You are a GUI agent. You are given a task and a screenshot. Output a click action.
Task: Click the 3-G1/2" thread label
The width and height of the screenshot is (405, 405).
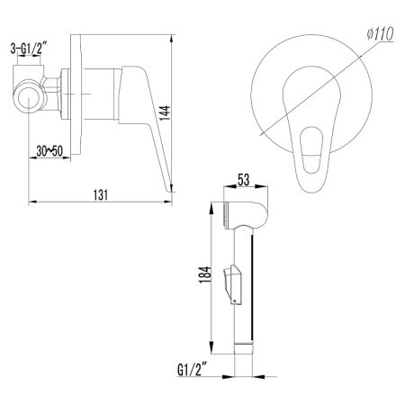tap(29, 49)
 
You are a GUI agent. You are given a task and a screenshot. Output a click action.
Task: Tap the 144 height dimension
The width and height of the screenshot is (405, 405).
tap(165, 113)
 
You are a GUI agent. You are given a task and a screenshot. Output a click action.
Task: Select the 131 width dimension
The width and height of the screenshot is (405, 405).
tap(101, 194)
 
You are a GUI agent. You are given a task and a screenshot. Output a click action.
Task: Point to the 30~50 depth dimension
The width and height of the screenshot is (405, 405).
tap(49, 151)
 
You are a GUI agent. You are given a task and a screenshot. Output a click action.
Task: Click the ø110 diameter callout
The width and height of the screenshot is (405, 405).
tap(380, 33)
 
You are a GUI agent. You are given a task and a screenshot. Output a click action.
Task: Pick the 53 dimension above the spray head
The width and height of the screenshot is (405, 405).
tap(243, 180)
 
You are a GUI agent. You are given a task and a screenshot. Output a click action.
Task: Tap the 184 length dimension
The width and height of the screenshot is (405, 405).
tap(205, 274)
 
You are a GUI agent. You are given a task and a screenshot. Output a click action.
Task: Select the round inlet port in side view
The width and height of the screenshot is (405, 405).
tap(29, 98)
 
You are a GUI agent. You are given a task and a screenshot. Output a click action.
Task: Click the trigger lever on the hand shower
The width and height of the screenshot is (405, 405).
tap(232, 284)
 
